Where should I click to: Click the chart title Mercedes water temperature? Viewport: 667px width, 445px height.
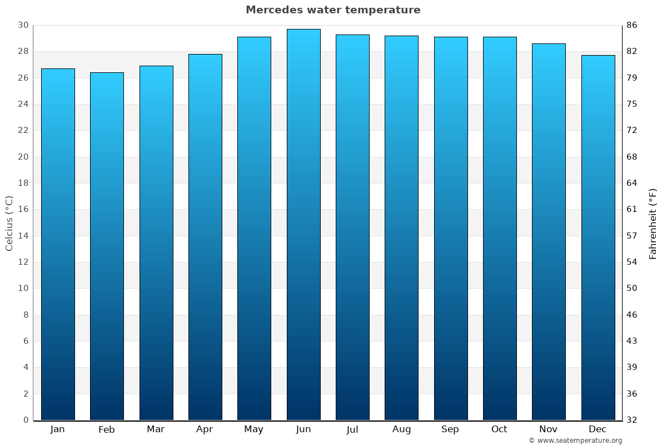coord(333,10)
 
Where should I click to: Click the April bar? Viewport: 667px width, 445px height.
coord(205,237)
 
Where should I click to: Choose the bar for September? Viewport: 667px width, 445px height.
coord(451,228)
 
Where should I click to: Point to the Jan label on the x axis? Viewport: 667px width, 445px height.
coord(58,429)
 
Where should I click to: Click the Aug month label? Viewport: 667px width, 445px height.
coord(401,429)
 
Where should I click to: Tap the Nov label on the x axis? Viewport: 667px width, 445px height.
coord(549,429)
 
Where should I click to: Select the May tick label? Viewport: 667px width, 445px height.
coord(254,429)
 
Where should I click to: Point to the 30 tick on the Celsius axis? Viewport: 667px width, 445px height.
coord(23,25)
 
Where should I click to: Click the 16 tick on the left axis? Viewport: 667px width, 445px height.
coord(23,209)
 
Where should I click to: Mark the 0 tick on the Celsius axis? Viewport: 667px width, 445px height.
coord(26,420)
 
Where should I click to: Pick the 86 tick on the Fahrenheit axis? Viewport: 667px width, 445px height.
coord(632,25)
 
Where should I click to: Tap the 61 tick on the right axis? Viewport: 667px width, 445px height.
coord(632,209)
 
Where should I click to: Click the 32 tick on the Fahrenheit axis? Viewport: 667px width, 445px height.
coord(632,420)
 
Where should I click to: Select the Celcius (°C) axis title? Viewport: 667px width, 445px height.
coord(9,223)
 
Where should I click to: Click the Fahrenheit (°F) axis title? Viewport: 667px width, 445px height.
coord(653,223)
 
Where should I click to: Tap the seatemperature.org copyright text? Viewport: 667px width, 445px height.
coord(575,441)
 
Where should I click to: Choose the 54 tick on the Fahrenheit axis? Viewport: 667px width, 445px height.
coord(632,262)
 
